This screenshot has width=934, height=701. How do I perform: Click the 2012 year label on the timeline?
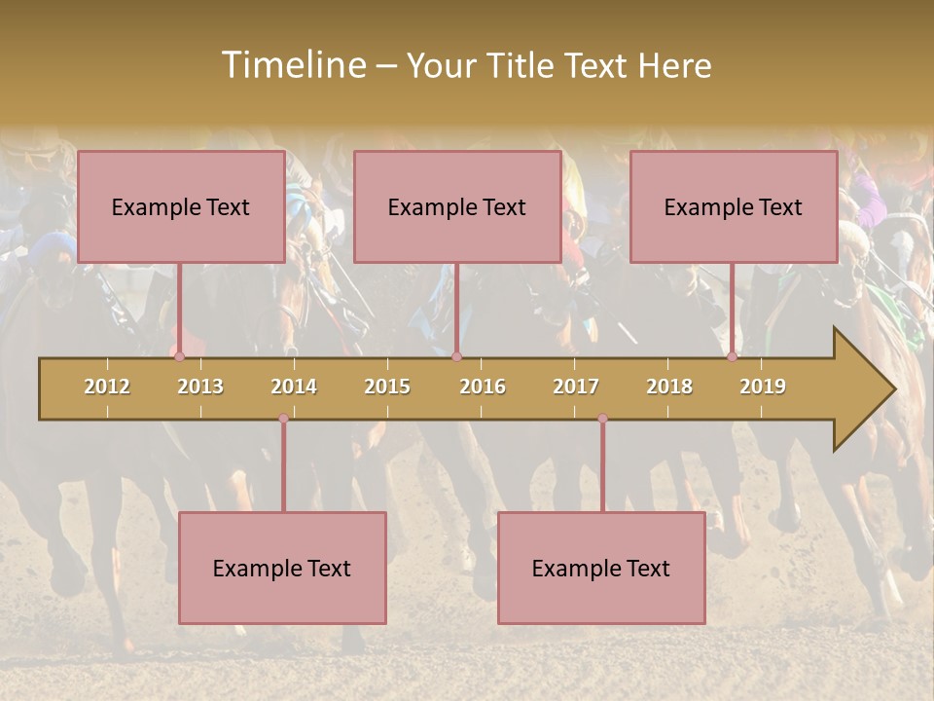107,387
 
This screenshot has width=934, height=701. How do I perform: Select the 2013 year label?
200,387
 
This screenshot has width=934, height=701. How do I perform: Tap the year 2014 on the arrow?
294,387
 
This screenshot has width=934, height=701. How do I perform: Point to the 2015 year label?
387,387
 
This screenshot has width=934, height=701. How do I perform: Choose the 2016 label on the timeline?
483,387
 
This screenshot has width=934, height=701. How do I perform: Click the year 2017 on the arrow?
576,387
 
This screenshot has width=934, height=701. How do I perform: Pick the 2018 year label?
669,387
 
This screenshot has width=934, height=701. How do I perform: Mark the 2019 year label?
763,387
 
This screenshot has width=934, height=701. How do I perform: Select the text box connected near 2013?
181,206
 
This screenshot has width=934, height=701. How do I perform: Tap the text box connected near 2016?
457,206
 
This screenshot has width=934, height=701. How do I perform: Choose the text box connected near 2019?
734,206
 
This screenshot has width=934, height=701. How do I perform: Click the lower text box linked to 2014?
282,568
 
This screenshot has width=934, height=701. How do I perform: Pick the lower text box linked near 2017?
601,568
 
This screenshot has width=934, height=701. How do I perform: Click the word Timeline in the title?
292,65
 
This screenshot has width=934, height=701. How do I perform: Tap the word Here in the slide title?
674,66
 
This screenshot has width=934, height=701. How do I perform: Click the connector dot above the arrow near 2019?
733,356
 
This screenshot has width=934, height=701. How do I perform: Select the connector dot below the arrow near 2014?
283,419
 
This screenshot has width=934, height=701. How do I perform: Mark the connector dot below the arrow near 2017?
602,419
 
